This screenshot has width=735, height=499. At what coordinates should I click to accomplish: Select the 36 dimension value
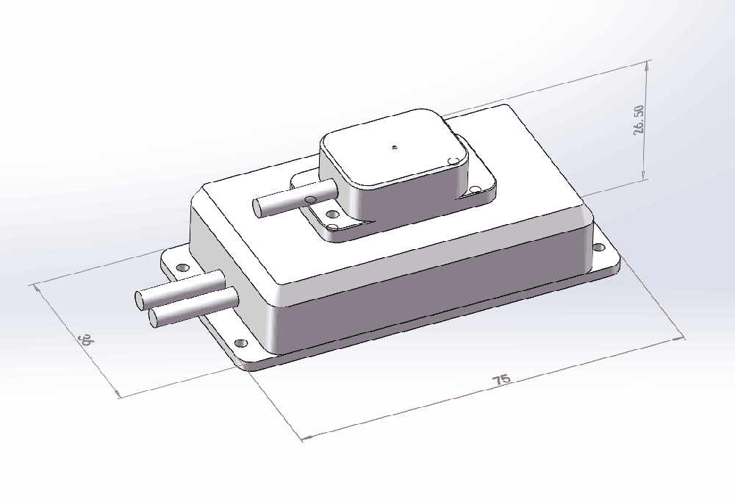(87, 340)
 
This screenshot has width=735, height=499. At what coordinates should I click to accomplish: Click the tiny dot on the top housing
(395, 147)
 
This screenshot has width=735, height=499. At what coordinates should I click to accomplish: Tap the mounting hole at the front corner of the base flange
(240, 344)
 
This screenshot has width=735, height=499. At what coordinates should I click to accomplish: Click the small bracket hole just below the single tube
(331, 215)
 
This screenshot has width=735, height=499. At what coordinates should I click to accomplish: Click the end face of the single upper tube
(259, 208)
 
